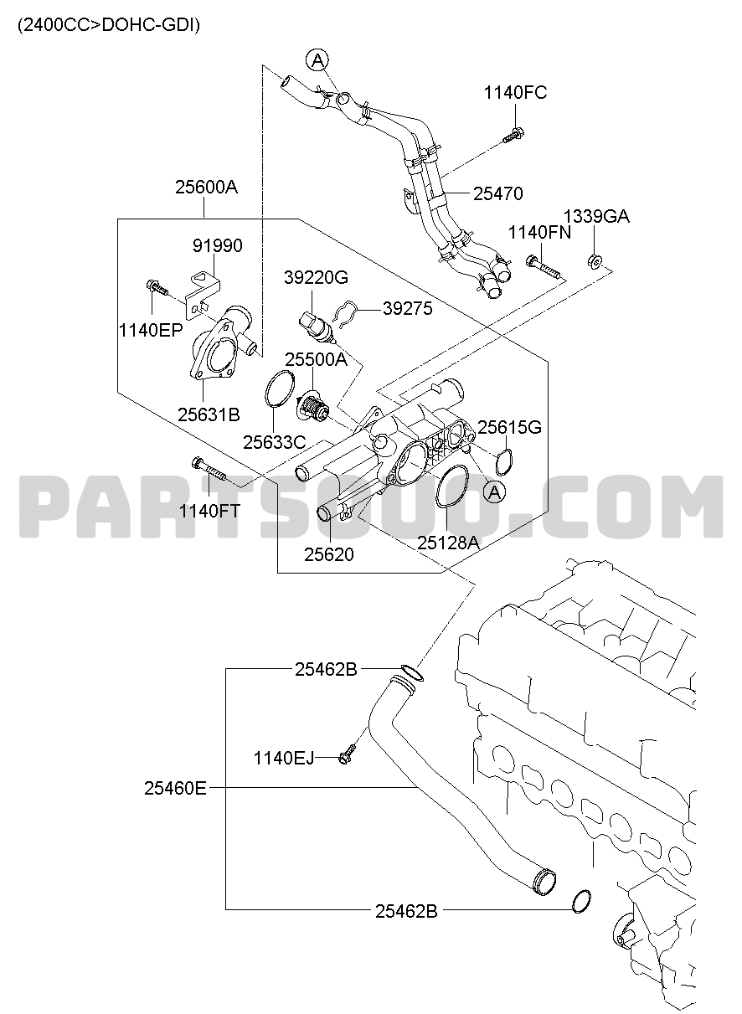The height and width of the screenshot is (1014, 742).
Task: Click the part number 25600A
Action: (x=206, y=187)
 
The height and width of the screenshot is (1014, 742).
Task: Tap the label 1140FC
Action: (x=515, y=92)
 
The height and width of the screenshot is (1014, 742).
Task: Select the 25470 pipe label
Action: (x=498, y=193)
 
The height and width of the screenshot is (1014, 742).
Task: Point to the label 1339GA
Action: (x=596, y=216)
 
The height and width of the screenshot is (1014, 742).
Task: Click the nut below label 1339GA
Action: (x=595, y=261)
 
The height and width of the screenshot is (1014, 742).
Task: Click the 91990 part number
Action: (x=218, y=246)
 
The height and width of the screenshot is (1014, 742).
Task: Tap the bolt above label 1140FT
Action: (x=209, y=470)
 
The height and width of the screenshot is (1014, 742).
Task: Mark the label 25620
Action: (x=328, y=555)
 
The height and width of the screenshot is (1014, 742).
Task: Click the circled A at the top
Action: (x=317, y=59)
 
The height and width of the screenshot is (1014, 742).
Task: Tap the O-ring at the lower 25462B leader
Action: (x=581, y=901)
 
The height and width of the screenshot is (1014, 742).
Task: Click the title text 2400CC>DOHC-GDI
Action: (x=109, y=25)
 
